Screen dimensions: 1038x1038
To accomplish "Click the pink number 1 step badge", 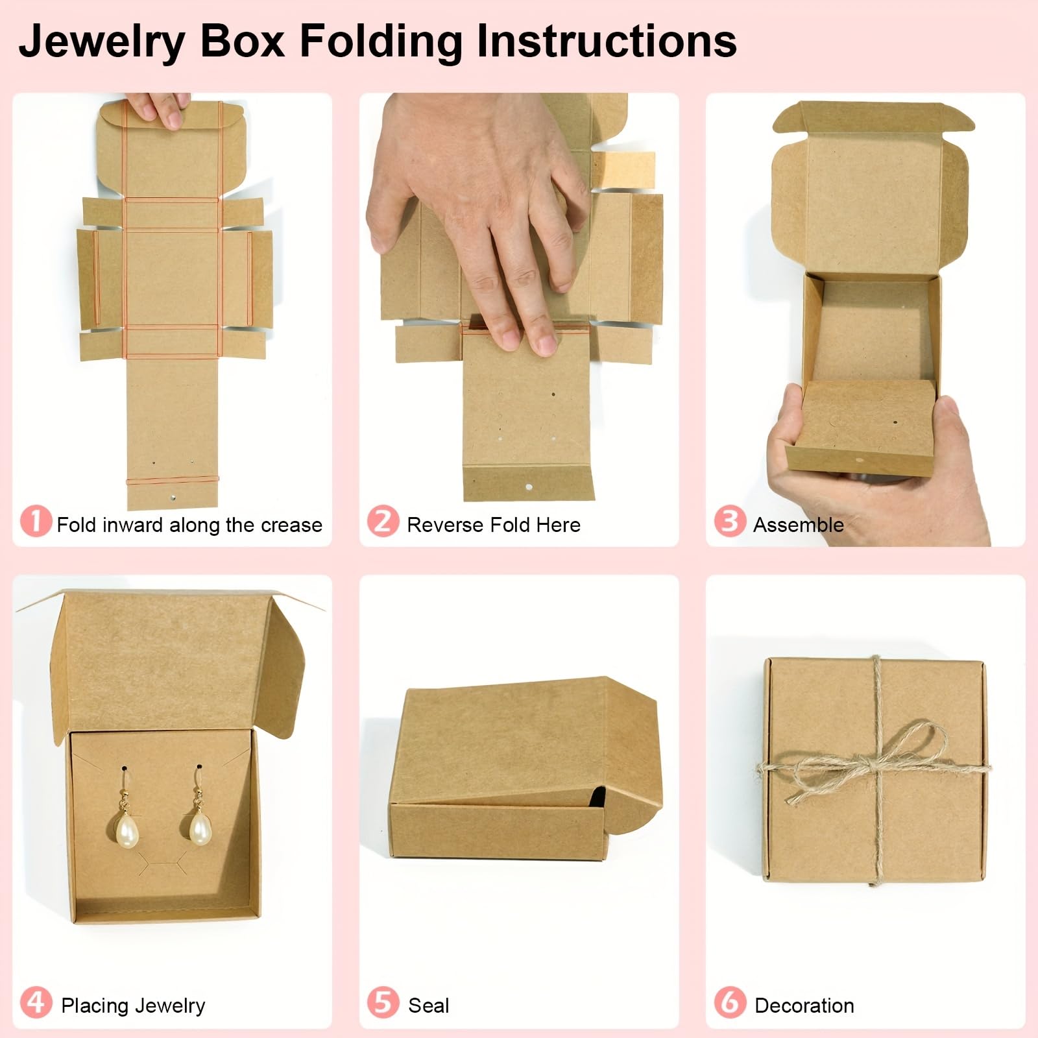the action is click(36, 522).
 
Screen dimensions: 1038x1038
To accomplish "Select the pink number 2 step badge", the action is click(383, 522).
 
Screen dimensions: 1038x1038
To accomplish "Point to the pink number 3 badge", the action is click(730, 522).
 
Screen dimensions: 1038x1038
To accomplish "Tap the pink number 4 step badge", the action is click(36, 1002).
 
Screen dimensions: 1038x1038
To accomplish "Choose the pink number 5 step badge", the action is click(383, 1002).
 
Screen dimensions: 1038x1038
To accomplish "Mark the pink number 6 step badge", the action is click(730, 1002).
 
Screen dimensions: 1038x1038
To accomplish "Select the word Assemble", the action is click(798, 525).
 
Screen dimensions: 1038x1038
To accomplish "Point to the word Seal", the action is click(428, 1006).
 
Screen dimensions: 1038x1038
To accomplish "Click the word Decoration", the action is click(804, 1006).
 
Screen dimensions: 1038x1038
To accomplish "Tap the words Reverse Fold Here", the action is click(493, 525).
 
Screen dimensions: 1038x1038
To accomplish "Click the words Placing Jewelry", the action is click(133, 1006).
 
